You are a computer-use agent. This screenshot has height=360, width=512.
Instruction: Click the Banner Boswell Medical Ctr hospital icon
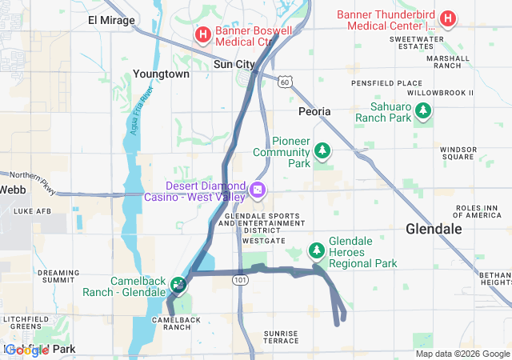point(203,34)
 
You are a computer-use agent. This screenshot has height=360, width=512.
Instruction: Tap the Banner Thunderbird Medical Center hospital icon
point(448,18)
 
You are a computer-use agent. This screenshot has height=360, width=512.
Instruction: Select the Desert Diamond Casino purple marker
point(258,190)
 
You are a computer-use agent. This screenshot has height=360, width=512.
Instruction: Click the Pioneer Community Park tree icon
point(322,150)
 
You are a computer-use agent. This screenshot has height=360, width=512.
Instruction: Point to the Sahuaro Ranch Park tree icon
point(422,112)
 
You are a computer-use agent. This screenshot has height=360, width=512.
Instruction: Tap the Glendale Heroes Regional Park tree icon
point(318,251)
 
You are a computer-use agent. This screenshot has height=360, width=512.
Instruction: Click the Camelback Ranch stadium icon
point(178,284)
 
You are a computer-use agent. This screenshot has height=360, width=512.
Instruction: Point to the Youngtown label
point(162,74)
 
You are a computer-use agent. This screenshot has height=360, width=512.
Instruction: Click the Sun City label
point(234,64)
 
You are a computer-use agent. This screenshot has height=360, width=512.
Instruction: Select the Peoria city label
point(314,111)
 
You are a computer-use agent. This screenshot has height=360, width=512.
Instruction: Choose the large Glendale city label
point(434,229)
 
